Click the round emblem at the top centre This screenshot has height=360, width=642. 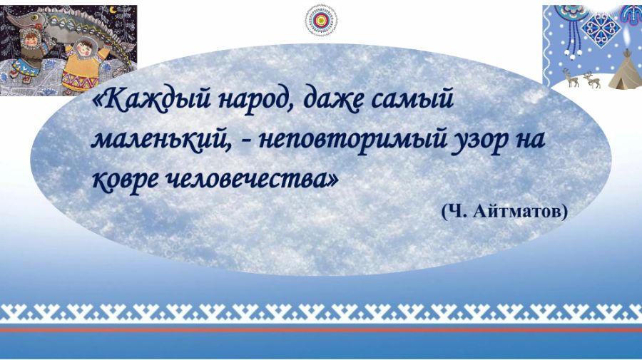click(x=322, y=20)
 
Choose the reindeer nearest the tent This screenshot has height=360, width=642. click(x=591, y=80)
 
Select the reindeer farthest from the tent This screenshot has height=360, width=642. click(x=571, y=78)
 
